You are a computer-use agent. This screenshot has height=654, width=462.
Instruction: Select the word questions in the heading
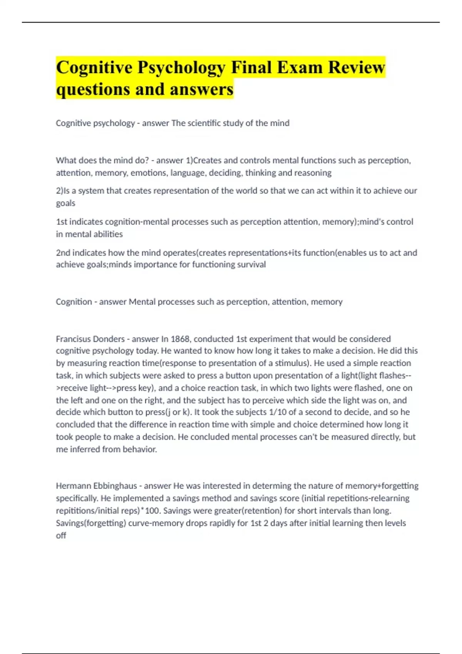[x=93, y=89]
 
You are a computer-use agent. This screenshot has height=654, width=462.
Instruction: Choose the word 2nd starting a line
[x=63, y=253]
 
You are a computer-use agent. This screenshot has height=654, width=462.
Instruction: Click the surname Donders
[x=109, y=339]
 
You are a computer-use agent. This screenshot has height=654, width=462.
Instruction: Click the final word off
[x=61, y=536]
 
